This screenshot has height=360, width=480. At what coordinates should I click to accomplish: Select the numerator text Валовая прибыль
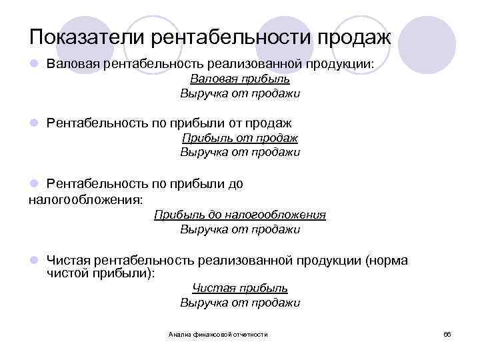(240, 79)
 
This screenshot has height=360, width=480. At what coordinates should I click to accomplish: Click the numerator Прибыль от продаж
(240, 138)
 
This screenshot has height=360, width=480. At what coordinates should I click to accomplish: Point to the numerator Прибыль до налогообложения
(240, 215)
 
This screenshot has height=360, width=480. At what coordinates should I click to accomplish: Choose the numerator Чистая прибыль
(240, 288)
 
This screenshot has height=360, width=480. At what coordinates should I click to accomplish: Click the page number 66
(447, 333)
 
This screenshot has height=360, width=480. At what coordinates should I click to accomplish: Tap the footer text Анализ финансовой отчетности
(218, 333)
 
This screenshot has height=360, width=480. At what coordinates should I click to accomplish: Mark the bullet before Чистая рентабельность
(33, 261)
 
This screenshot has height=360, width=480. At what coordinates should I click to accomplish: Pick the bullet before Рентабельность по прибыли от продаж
(33, 123)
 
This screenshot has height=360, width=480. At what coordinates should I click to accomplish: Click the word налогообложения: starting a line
(86, 199)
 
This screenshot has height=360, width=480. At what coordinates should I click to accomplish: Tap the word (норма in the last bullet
(387, 261)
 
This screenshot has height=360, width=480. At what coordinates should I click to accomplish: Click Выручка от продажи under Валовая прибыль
(240, 93)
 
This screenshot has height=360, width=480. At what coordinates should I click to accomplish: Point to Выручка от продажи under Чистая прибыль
(240, 303)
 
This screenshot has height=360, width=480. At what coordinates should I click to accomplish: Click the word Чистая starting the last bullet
(69, 261)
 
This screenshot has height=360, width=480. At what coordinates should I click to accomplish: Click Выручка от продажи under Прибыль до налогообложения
(240, 229)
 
